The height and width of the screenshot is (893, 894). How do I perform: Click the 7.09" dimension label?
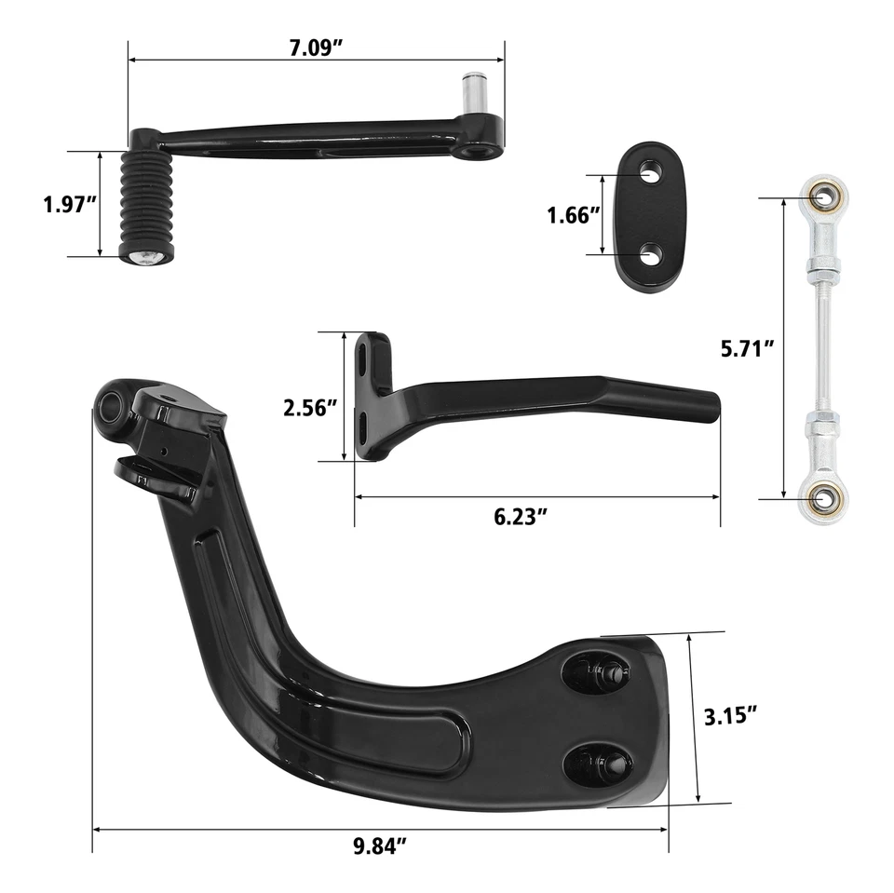point(316,47)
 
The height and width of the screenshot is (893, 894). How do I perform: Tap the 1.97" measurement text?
point(71,203)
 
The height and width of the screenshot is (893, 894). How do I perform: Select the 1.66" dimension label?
point(572,215)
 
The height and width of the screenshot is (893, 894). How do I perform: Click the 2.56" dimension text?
point(310,407)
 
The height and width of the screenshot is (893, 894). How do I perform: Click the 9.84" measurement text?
point(381,846)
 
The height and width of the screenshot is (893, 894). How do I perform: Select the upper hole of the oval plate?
point(648,172)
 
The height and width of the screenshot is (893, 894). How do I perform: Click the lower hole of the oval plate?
point(649,251)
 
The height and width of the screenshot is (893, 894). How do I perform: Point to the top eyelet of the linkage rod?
point(822,196)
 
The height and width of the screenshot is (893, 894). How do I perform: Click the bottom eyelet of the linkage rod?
point(822,497)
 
